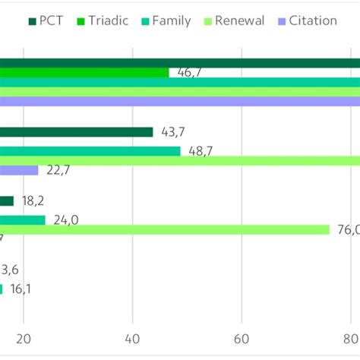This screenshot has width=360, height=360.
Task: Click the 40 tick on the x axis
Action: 133,339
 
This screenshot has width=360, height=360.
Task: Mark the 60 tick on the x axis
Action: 242,339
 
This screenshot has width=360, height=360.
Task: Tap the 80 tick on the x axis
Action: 351,339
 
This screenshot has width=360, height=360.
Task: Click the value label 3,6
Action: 9,270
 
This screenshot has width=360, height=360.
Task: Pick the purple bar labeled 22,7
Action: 19,171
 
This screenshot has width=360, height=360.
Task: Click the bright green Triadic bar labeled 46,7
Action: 84,72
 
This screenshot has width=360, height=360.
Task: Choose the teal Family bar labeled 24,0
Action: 23,220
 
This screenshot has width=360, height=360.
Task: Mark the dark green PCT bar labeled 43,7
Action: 76,132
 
